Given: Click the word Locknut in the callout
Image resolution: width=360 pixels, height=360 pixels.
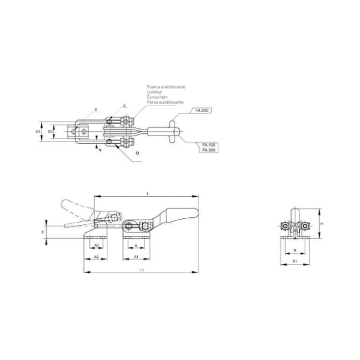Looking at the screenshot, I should [154, 92].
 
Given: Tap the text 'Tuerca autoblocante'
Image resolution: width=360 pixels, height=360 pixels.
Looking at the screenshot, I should [166, 87].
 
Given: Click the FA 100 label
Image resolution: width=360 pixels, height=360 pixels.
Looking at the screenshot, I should [208, 145].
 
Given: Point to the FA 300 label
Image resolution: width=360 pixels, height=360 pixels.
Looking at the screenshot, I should [208, 150].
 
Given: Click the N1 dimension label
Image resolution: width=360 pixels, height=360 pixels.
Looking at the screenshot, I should [38, 130].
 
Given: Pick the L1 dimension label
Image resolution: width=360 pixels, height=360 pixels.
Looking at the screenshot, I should [141, 271].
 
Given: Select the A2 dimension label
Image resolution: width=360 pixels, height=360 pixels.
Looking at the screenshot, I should [97, 246].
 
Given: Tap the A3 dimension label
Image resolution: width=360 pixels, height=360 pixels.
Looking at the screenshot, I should [97, 257].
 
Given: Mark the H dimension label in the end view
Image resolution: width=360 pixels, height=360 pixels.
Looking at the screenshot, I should [322, 224].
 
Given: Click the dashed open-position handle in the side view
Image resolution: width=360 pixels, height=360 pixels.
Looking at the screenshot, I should [75, 208].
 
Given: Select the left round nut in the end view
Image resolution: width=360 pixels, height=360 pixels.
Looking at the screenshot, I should [283, 227].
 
